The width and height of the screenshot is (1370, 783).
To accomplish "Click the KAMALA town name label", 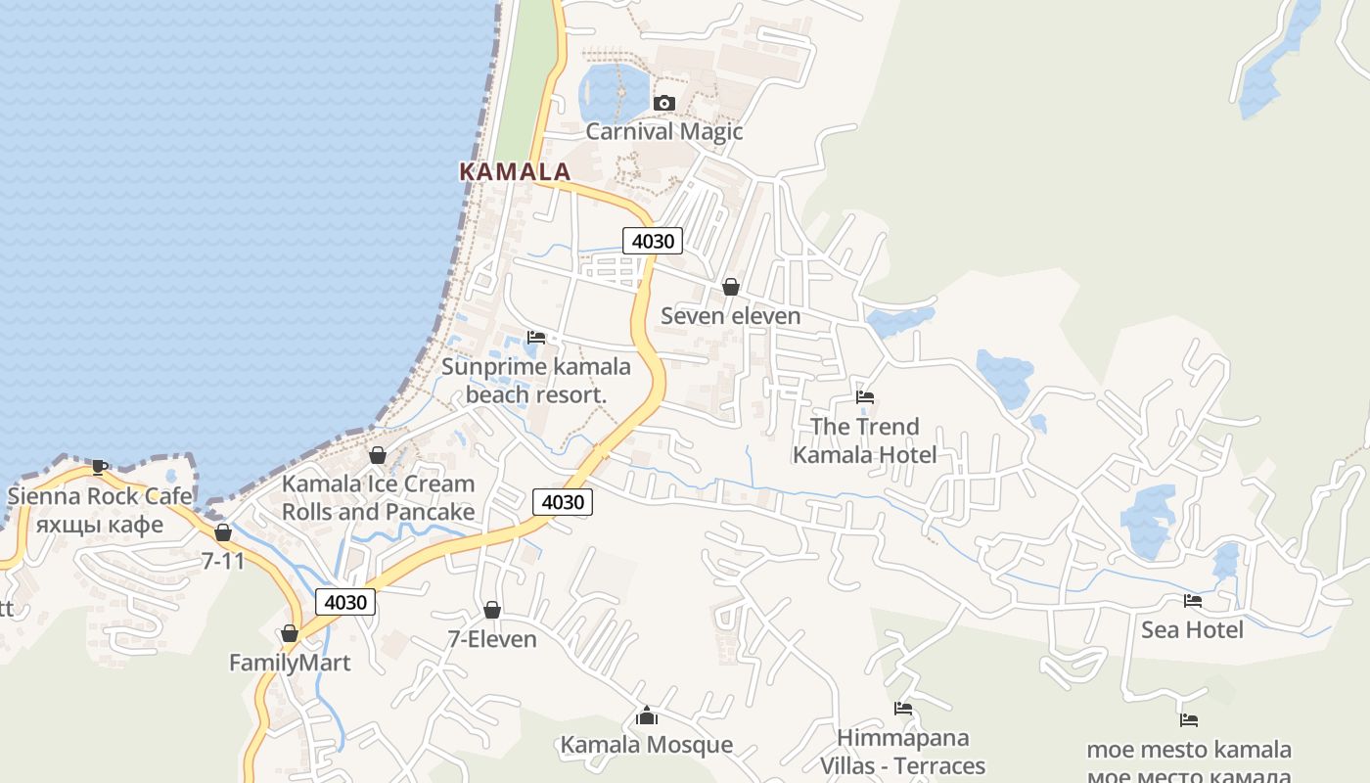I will pos(515,171).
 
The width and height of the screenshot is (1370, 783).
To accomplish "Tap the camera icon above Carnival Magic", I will pos(664,103).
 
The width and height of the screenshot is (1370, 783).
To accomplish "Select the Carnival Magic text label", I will pos(664,131).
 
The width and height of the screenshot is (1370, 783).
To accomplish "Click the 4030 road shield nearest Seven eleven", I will pos(652,241).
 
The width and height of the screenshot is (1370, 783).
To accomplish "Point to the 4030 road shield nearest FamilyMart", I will pos(345,602).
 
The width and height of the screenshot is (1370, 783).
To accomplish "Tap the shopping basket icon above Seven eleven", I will pos(730,287).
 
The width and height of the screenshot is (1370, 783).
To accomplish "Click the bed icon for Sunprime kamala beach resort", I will pos(536,338).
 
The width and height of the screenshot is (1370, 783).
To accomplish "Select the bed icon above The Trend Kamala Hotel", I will pos(865,397).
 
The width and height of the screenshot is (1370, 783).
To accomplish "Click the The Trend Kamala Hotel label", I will pos(865,440).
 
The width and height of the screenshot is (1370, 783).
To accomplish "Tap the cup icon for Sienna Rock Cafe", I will pos(99,467).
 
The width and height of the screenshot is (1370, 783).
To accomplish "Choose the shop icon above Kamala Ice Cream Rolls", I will pos(378,455).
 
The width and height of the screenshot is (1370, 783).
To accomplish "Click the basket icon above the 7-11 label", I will pos(223,532).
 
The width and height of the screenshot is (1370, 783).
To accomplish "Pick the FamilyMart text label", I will pos(290,663).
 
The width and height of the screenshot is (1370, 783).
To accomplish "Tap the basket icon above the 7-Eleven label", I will pos(492,610).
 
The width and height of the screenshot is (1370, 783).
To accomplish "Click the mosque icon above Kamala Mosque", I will pos(646,716).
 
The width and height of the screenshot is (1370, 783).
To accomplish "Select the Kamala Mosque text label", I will pos(646,745).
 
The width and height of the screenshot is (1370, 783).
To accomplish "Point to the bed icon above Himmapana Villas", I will pos(903,709).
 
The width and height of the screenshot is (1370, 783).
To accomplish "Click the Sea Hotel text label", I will pos(1192,629).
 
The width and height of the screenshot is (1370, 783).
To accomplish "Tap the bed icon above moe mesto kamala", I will pos(1189,720).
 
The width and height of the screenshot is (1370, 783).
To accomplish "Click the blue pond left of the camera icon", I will pos(612,91).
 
